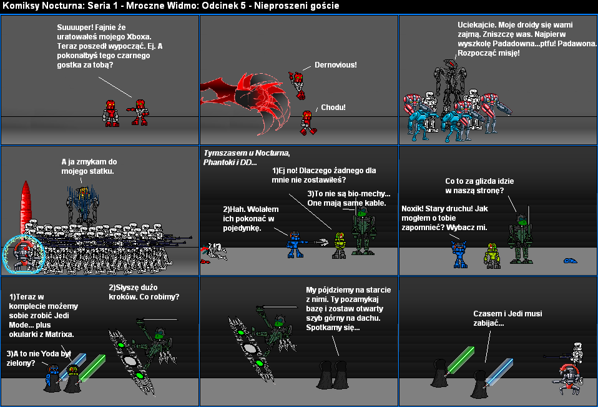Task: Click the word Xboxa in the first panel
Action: pos(139,37)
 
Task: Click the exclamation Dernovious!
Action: pos(336,65)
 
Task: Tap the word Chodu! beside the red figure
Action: pos(333,108)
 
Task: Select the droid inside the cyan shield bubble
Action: pos(23,254)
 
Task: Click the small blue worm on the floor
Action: pos(571,261)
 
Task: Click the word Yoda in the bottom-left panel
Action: pos(49,354)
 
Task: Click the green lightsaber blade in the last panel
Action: pos(460,359)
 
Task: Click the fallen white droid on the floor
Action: pos(214,253)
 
